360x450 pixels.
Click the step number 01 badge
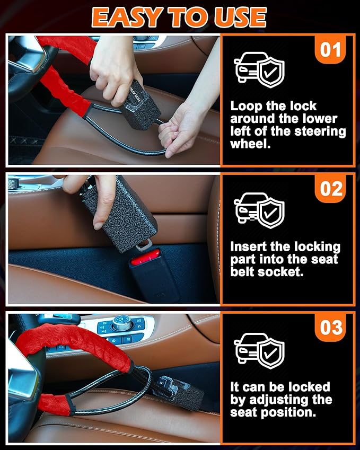(331, 50)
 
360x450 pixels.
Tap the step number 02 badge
(331, 189)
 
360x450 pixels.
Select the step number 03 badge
(331, 328)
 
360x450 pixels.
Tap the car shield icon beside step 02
(259, 210)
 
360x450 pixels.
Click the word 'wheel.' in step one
(250, 144)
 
